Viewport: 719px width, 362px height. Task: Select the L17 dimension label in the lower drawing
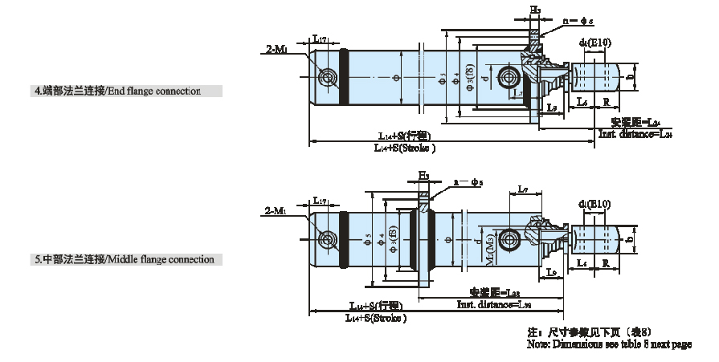tap(320, 201)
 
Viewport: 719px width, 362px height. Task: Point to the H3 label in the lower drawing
tap(423, 175)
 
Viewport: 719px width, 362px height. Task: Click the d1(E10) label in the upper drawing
tap(594, 41)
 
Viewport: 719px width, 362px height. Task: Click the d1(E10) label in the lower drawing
tap(594, 205)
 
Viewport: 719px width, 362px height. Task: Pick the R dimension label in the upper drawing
tap(604, 101)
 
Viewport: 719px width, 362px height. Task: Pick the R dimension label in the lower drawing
tap(604, 263)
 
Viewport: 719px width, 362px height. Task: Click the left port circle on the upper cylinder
tap(327, 78)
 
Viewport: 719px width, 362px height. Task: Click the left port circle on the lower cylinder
tap(327, 240)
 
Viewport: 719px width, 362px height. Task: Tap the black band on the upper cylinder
tap(345, 78)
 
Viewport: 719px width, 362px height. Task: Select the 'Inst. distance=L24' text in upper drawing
tap(634, 135)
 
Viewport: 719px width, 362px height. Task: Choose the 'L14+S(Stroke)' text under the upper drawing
tap(405, 148)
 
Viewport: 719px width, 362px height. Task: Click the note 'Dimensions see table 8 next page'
tap(609, 344)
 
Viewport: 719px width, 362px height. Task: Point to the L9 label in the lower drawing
tap(552, 274)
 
